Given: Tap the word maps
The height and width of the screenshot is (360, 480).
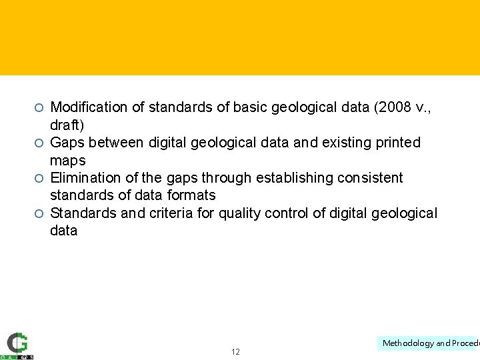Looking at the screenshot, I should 68,160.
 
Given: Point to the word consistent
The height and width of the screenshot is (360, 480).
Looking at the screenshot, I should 371,177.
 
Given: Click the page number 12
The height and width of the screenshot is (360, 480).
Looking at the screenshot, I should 235,351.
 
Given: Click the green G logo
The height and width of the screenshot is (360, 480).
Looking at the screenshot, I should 18,343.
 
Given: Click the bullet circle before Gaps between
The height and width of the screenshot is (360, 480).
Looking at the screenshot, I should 39,143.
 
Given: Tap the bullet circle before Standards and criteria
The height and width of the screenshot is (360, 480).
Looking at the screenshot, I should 39,213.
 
